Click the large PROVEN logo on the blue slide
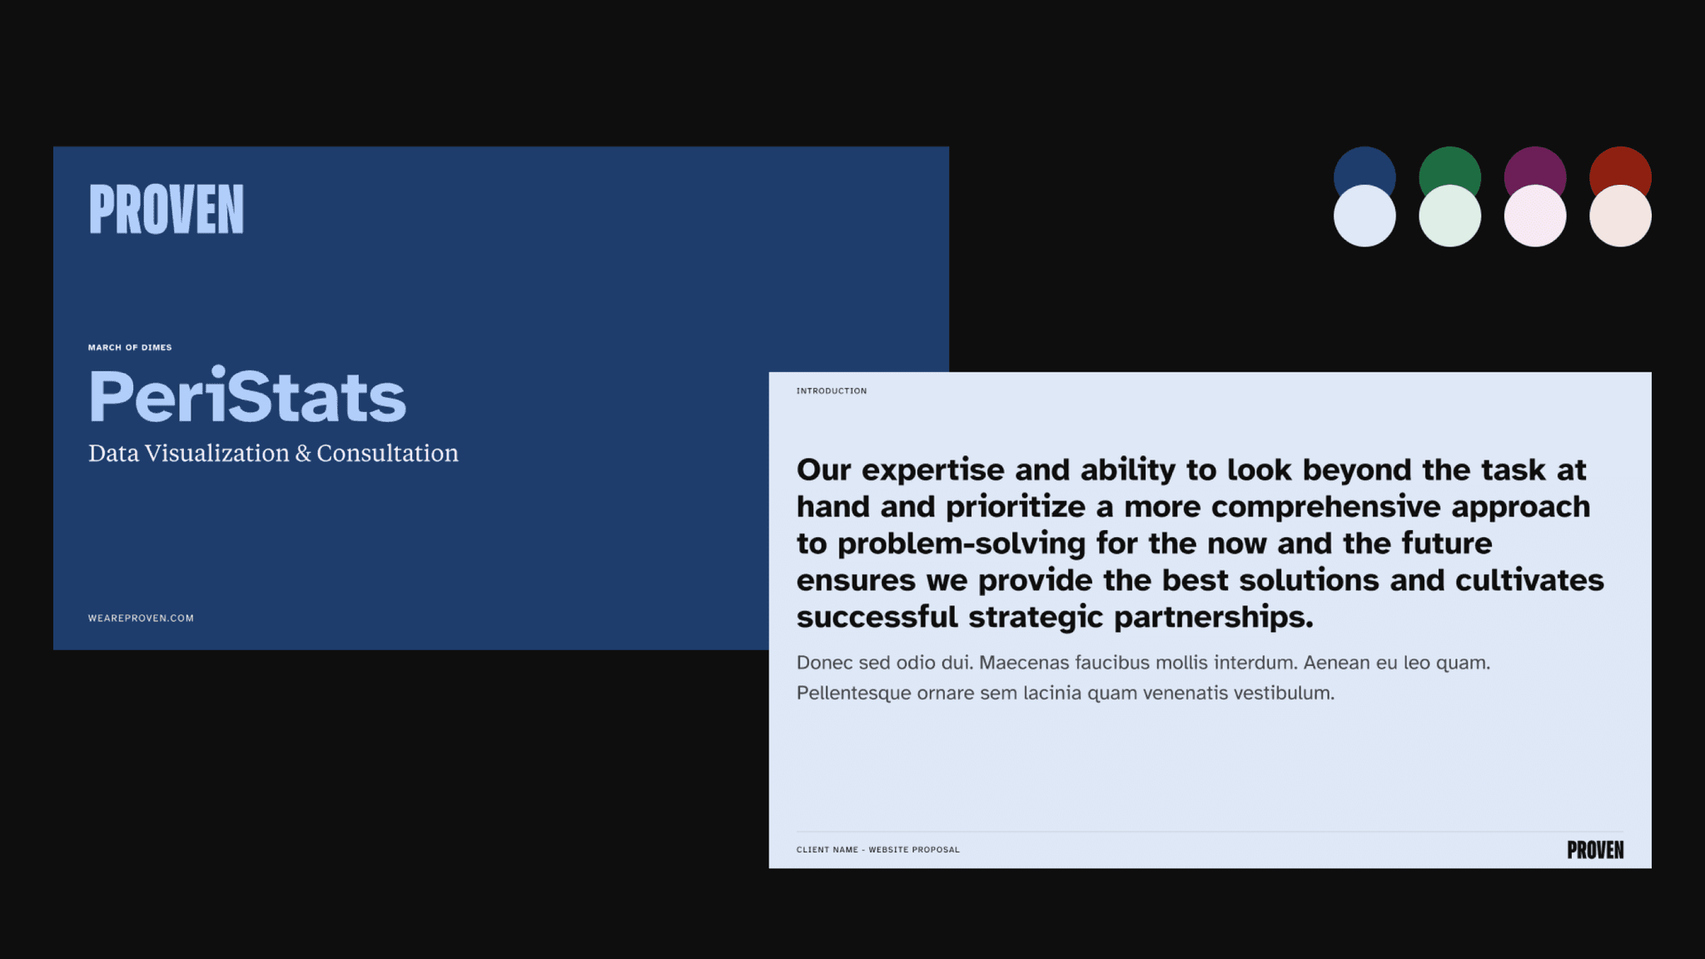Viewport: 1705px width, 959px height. coord(167,210)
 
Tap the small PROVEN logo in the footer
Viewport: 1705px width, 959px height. coord(1594,850)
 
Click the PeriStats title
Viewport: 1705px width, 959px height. coord(247,397)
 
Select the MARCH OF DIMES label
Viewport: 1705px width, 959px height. coord(130,348)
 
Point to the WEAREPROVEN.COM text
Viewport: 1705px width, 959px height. coord(141,619)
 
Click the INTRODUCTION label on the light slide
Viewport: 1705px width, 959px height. coord(831,391)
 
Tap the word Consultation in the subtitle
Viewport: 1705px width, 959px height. coord(387,454)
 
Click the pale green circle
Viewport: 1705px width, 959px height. coord(1449,218)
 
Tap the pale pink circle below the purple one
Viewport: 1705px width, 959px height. coord(1534,218)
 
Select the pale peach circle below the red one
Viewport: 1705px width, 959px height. coord(1620,218)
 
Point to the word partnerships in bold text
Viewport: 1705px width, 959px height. coord(1213,618)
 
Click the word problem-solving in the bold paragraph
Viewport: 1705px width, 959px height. coord(962,544)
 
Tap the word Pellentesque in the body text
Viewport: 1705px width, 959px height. coord(853,693)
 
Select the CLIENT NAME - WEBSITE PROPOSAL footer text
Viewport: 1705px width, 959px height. coord(877,850)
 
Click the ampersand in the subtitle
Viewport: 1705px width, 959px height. coord(303,454)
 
